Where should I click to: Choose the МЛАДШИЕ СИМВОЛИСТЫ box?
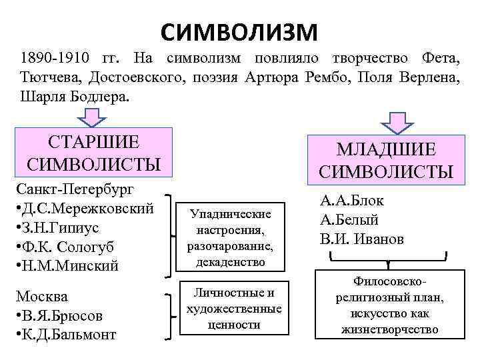(387, 159)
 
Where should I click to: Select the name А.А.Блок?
(352, 201)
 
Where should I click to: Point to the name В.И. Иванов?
(362, 239)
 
